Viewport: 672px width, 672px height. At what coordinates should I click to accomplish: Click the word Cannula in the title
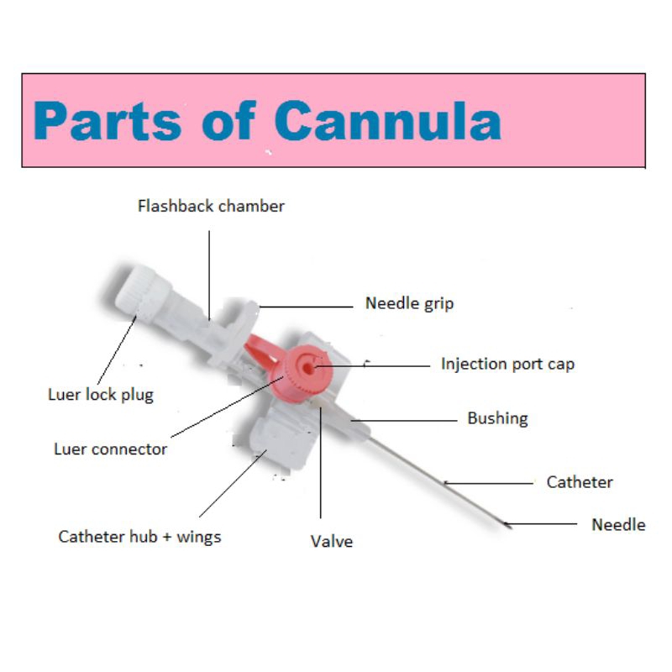(388, 121)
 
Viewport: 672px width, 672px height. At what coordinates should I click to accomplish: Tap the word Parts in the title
(108, 121)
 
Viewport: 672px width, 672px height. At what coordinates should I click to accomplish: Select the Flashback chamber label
(211, 206)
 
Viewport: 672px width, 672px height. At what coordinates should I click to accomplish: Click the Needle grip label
(409, 303)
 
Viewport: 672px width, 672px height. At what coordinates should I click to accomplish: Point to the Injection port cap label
(508, 364)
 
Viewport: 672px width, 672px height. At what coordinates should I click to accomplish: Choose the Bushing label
(497, 418)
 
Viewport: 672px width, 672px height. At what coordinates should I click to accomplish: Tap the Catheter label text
(580, 482)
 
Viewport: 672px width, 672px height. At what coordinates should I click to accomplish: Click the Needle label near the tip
(618, 524)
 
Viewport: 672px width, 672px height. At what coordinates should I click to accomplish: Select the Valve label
(332, 541)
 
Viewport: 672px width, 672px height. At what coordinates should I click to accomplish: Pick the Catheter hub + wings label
(139, 537)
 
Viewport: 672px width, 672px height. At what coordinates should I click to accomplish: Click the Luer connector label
(111, 449)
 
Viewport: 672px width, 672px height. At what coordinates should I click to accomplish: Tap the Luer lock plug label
(101, 395)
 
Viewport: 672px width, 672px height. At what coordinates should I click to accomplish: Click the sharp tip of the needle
(511, 528)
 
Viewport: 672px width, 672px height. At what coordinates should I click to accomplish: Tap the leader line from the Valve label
(321, 463)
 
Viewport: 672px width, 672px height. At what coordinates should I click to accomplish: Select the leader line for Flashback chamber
(209, 276)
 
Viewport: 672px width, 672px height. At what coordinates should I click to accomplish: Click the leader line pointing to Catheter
(489, 483)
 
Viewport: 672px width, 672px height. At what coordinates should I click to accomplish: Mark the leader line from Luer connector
(227, 407)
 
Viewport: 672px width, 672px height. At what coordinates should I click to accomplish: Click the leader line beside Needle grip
(306, 307)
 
